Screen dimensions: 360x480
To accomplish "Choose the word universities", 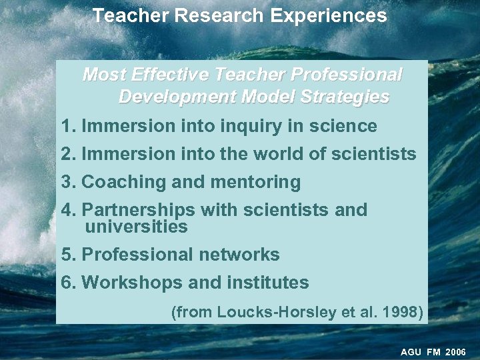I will click(136, 227).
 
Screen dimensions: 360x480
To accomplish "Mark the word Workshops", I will click(132, 283).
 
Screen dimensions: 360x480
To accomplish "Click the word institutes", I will click(268, 283).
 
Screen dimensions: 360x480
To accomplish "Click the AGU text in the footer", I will click(411, 351).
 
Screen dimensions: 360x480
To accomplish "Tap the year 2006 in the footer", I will click(455, 351).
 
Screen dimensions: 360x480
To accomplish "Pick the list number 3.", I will click(66, 182).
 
